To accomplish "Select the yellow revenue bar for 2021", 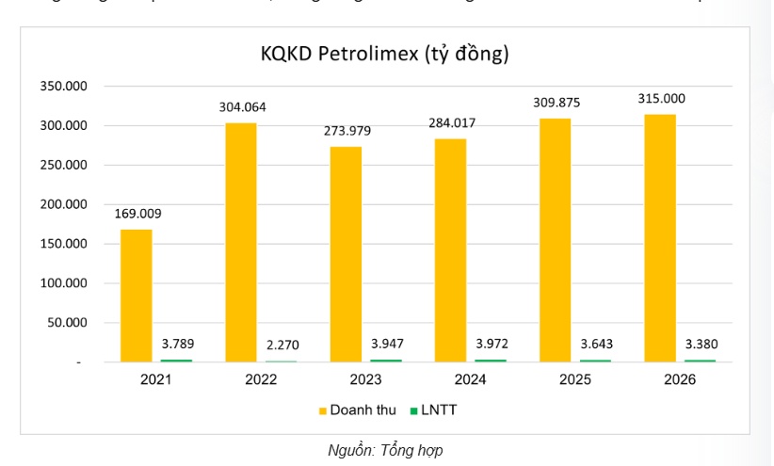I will coord(137,295).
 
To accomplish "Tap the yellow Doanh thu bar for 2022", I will coord(242,242).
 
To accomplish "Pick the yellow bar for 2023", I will coord(347,253).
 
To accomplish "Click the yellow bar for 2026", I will coord(660,237).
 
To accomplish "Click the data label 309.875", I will coord(556,102).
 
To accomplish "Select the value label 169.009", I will coord(137,213).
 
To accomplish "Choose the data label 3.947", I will coord(385,344).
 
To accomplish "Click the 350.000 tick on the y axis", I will coord(63,87).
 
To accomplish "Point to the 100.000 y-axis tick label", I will coord(63,283).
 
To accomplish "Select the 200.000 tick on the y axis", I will coord(63,204).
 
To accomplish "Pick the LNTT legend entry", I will coord(432,410).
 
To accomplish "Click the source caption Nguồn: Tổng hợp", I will coord(385,450).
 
